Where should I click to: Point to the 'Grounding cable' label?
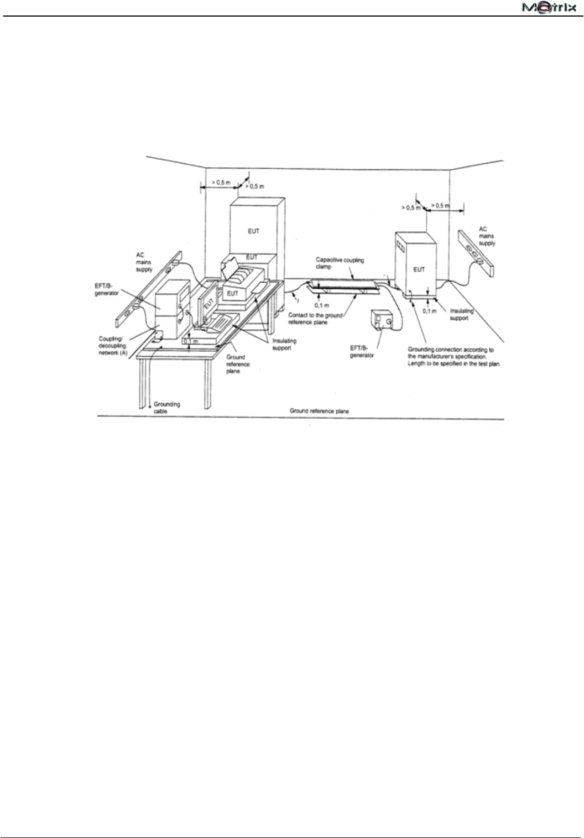(166, 408)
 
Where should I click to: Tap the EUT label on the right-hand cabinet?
(420, 269)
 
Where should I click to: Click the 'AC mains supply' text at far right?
(487, 236)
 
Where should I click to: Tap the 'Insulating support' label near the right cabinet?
(462, 315)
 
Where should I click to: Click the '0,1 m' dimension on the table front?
(190, 342)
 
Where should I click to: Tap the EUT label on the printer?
(233, 293)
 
